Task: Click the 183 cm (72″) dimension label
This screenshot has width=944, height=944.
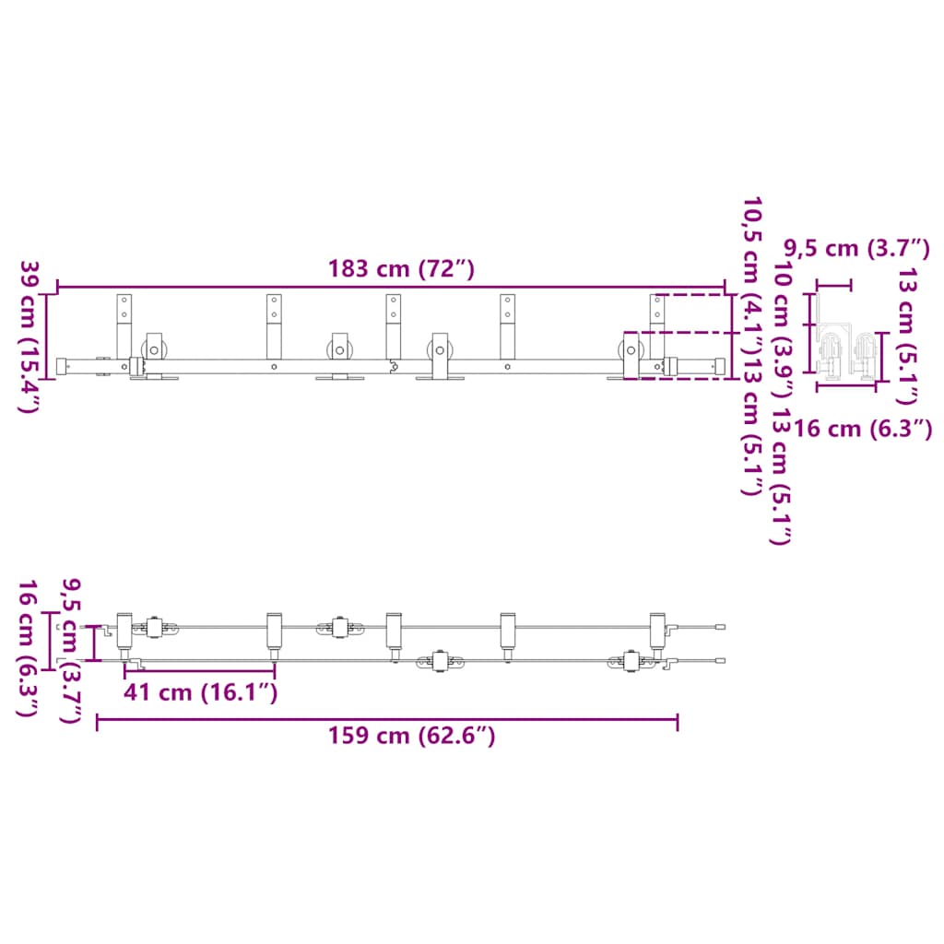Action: (401, 269)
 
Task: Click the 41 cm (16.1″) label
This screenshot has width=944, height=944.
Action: (200, 691)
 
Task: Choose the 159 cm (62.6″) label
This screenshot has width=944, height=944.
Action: (411, 736)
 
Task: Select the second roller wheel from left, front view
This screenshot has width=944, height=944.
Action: (339, 351)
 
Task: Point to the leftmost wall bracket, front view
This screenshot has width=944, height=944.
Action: (124, 326)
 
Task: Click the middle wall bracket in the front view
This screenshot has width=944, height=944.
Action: (394, 326)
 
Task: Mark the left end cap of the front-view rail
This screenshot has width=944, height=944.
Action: (63, 366)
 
